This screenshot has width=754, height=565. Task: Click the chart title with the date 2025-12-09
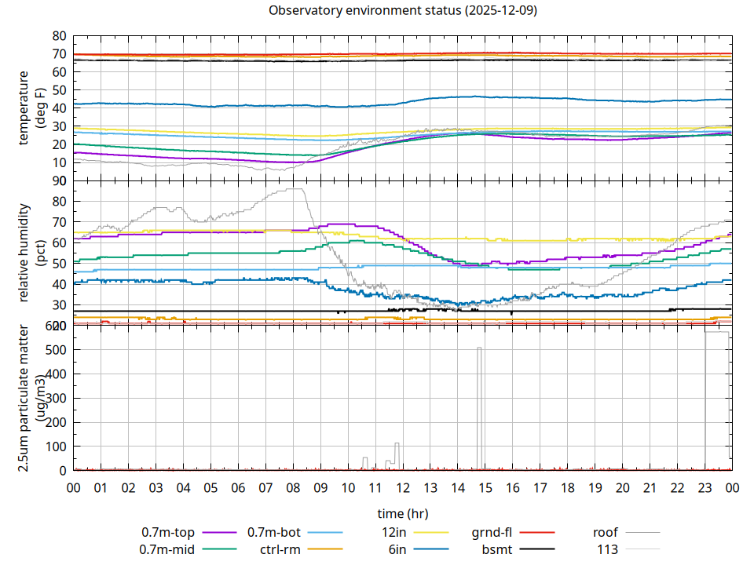click(x=402, y=11)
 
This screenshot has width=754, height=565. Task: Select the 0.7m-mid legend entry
click(x=167, y=549)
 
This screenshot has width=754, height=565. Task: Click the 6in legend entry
click(x=397, y=549)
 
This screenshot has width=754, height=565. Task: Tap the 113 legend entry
click(x=607, y=549)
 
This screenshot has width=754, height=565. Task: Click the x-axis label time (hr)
click(x=402, y=513)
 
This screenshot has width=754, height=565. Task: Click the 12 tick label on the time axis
click(x=402, y=487)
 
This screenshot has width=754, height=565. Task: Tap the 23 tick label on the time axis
click(x=705, y=487)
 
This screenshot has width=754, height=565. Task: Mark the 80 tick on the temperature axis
click(x=59, y=36)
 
